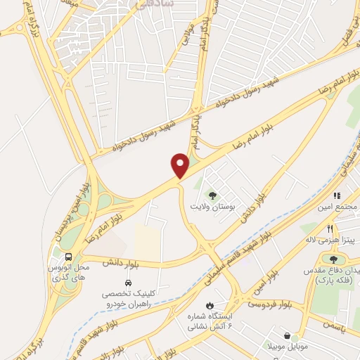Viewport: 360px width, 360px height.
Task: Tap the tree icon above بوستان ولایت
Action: tap(212, 195)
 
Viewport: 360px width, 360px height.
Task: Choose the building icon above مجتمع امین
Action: tap(337, 195)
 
